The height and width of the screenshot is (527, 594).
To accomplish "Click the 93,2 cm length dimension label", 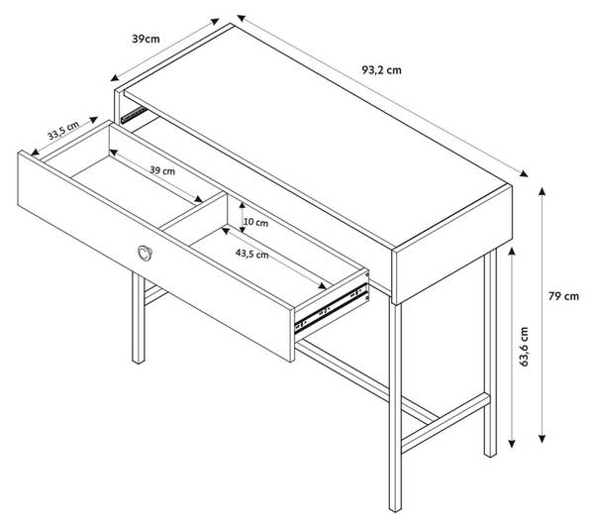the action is pos(381,70).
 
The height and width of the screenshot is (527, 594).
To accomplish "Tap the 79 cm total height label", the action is pos(563,296).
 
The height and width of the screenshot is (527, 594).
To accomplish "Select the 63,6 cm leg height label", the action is pos(524,347).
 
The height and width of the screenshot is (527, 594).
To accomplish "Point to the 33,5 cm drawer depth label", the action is pos(63,131).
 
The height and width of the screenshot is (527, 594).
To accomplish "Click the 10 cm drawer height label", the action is pos(255,222).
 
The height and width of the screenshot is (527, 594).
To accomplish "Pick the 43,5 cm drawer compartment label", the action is pos(251,254).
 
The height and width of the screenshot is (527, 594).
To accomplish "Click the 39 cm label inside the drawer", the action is pos(162,170).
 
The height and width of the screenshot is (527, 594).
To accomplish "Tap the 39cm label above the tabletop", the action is pos(146,39).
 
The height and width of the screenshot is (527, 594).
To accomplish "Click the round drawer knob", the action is pos(145,253).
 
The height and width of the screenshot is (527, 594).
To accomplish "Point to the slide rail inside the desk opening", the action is pos(134,115).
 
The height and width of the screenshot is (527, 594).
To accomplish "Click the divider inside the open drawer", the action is pos(193,211).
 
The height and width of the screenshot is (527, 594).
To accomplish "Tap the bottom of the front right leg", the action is pos(395,508).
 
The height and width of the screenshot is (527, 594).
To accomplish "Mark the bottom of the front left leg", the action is pos(139,361).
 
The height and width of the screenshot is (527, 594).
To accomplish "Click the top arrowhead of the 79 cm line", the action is pos(543,190).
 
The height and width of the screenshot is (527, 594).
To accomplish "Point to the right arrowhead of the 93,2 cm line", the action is pos(524,173).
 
